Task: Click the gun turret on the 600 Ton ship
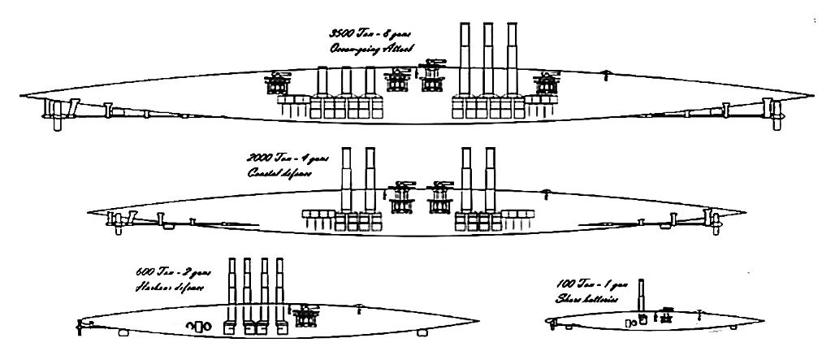click(306, 314)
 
